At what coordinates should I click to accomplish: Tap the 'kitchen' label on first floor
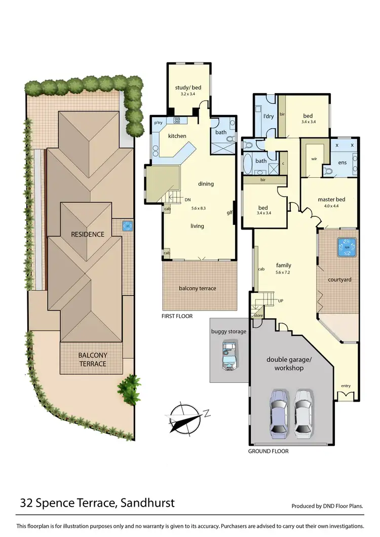(x=177, y=136)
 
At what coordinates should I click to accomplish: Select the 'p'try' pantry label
(x=158, y=123)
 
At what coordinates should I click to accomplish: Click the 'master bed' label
(x=331, y=199)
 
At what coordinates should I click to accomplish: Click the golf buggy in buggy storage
(x=229, y=353)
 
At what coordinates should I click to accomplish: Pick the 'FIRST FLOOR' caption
(x=177, y=316)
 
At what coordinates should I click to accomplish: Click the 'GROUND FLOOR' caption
(x=268, y=451)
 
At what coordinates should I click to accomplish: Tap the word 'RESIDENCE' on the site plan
(x=88, y=234)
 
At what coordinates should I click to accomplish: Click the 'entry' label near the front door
(x=346, y=386)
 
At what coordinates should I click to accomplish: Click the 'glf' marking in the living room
(x=229, y=213)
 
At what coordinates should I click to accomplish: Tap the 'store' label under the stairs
(x=258, y=316)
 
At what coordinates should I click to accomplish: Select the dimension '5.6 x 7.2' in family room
(x=283, y=273)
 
